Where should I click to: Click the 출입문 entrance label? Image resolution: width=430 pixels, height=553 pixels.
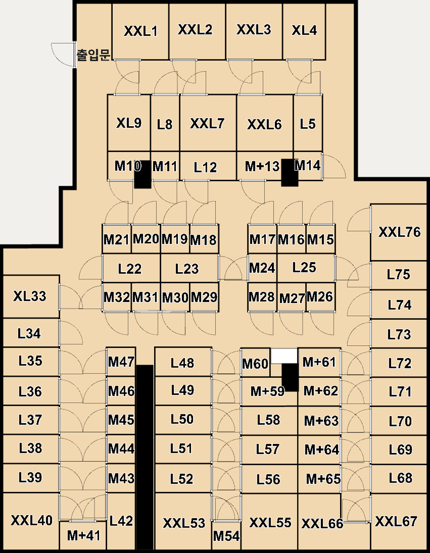[x=93, y=55]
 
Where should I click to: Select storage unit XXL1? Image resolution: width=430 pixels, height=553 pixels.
[x=140, y=31]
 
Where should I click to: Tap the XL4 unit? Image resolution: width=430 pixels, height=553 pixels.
[x=304, y=31]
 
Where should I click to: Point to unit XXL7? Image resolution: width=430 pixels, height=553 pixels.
[x=208, y=123]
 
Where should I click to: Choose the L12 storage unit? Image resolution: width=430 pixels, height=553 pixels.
[x=208, y=166]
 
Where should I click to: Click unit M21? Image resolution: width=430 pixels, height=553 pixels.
[x=117, y=239]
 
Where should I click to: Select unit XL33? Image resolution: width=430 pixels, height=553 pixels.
[x=31, y=296]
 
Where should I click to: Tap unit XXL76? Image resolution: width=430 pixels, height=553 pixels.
[x=399, y=232]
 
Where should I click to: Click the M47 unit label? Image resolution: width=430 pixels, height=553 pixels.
[x=121, y=362]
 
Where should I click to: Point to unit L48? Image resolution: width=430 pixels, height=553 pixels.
[x=183, y=362]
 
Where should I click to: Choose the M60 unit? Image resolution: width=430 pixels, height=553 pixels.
[x=255, y=363]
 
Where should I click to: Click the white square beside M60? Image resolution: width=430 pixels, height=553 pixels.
[x=284, y=356]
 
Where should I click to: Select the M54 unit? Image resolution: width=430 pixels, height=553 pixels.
[x=226, y=535]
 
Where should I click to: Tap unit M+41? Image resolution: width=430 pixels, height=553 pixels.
[x=83, y=535]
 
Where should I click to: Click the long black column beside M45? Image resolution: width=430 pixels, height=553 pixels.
[x=145, y=457]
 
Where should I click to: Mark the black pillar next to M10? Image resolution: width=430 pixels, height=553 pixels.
[x=142, y=174]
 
